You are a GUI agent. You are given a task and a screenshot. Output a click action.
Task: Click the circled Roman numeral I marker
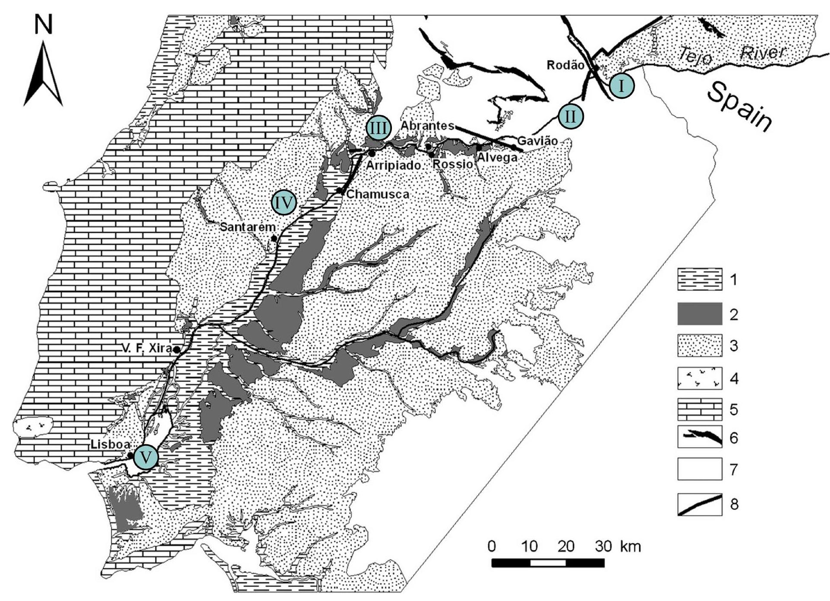622,86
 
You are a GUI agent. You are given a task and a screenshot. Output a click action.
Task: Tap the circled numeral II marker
571,116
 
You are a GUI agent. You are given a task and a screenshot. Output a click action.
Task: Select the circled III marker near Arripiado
379,128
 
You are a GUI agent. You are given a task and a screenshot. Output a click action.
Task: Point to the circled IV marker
284,203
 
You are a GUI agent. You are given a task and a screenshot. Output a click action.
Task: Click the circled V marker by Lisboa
146,458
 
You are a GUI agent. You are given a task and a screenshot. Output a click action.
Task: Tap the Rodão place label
565,65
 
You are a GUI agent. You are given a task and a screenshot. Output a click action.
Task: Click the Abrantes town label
427,125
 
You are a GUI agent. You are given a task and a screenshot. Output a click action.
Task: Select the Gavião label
537,141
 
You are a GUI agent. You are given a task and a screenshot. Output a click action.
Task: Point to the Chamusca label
378,194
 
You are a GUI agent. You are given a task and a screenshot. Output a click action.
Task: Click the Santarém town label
248,227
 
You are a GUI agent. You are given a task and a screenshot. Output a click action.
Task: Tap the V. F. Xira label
148,348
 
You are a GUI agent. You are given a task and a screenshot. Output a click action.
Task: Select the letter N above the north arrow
43,25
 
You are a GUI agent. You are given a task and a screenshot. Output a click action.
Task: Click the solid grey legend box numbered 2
699,314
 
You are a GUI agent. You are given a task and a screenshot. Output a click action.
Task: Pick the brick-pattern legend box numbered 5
699,409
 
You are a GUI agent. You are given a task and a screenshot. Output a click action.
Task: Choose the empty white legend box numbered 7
699,469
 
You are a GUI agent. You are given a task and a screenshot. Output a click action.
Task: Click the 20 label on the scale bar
565,547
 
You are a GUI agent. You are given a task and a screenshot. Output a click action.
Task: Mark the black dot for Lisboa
130,455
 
